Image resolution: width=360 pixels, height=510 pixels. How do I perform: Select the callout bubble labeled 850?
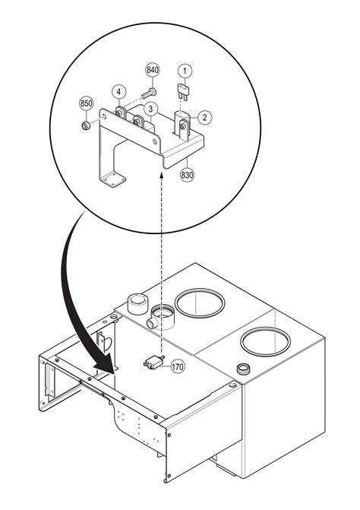click(x=86, y=103)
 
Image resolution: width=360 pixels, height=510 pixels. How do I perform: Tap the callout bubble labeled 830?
click(x=187, y=174)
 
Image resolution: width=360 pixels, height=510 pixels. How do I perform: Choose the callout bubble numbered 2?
click(x=204, y=117)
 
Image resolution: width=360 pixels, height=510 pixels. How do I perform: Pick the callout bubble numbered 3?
click(x=152, y=109)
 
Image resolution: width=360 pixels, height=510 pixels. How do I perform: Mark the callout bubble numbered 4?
click(x=119, y=91)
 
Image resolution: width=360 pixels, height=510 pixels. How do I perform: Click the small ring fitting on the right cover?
click(x=244, y=369)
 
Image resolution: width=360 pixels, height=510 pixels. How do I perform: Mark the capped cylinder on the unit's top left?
click(x=137, y=304)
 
